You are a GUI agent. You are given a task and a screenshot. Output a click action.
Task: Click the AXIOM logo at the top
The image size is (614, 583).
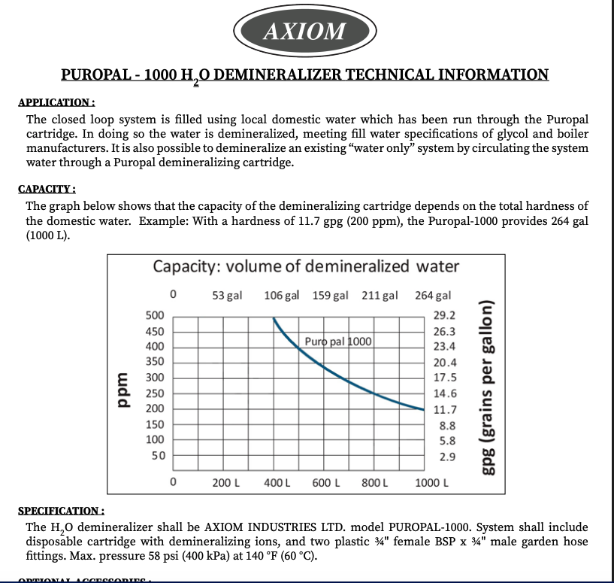pos(304,31)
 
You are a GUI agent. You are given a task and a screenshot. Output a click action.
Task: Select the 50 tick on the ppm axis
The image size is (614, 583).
pos(158,455)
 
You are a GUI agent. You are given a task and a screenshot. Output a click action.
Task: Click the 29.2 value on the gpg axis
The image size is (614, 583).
pos(444,315)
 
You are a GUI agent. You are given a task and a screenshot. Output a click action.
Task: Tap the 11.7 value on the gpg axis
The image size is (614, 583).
pos(444,409)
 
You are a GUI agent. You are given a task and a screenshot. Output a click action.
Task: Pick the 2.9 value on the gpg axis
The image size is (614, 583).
pos(446,456)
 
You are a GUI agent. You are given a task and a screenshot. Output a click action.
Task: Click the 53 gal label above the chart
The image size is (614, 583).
pos(227,295)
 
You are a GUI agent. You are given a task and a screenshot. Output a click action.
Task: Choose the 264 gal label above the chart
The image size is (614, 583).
pos(433,295)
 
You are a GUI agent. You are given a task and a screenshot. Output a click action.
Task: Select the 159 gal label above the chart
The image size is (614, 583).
pos(330,295)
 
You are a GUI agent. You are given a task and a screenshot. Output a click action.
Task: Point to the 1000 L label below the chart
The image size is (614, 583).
pos(431,482)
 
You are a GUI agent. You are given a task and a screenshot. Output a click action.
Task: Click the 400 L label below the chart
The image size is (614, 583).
pos(277,482)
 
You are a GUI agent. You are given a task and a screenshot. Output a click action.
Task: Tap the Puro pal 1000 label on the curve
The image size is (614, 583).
pos(338,342)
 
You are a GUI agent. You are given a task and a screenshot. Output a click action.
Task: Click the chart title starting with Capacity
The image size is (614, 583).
pos(305,266)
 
